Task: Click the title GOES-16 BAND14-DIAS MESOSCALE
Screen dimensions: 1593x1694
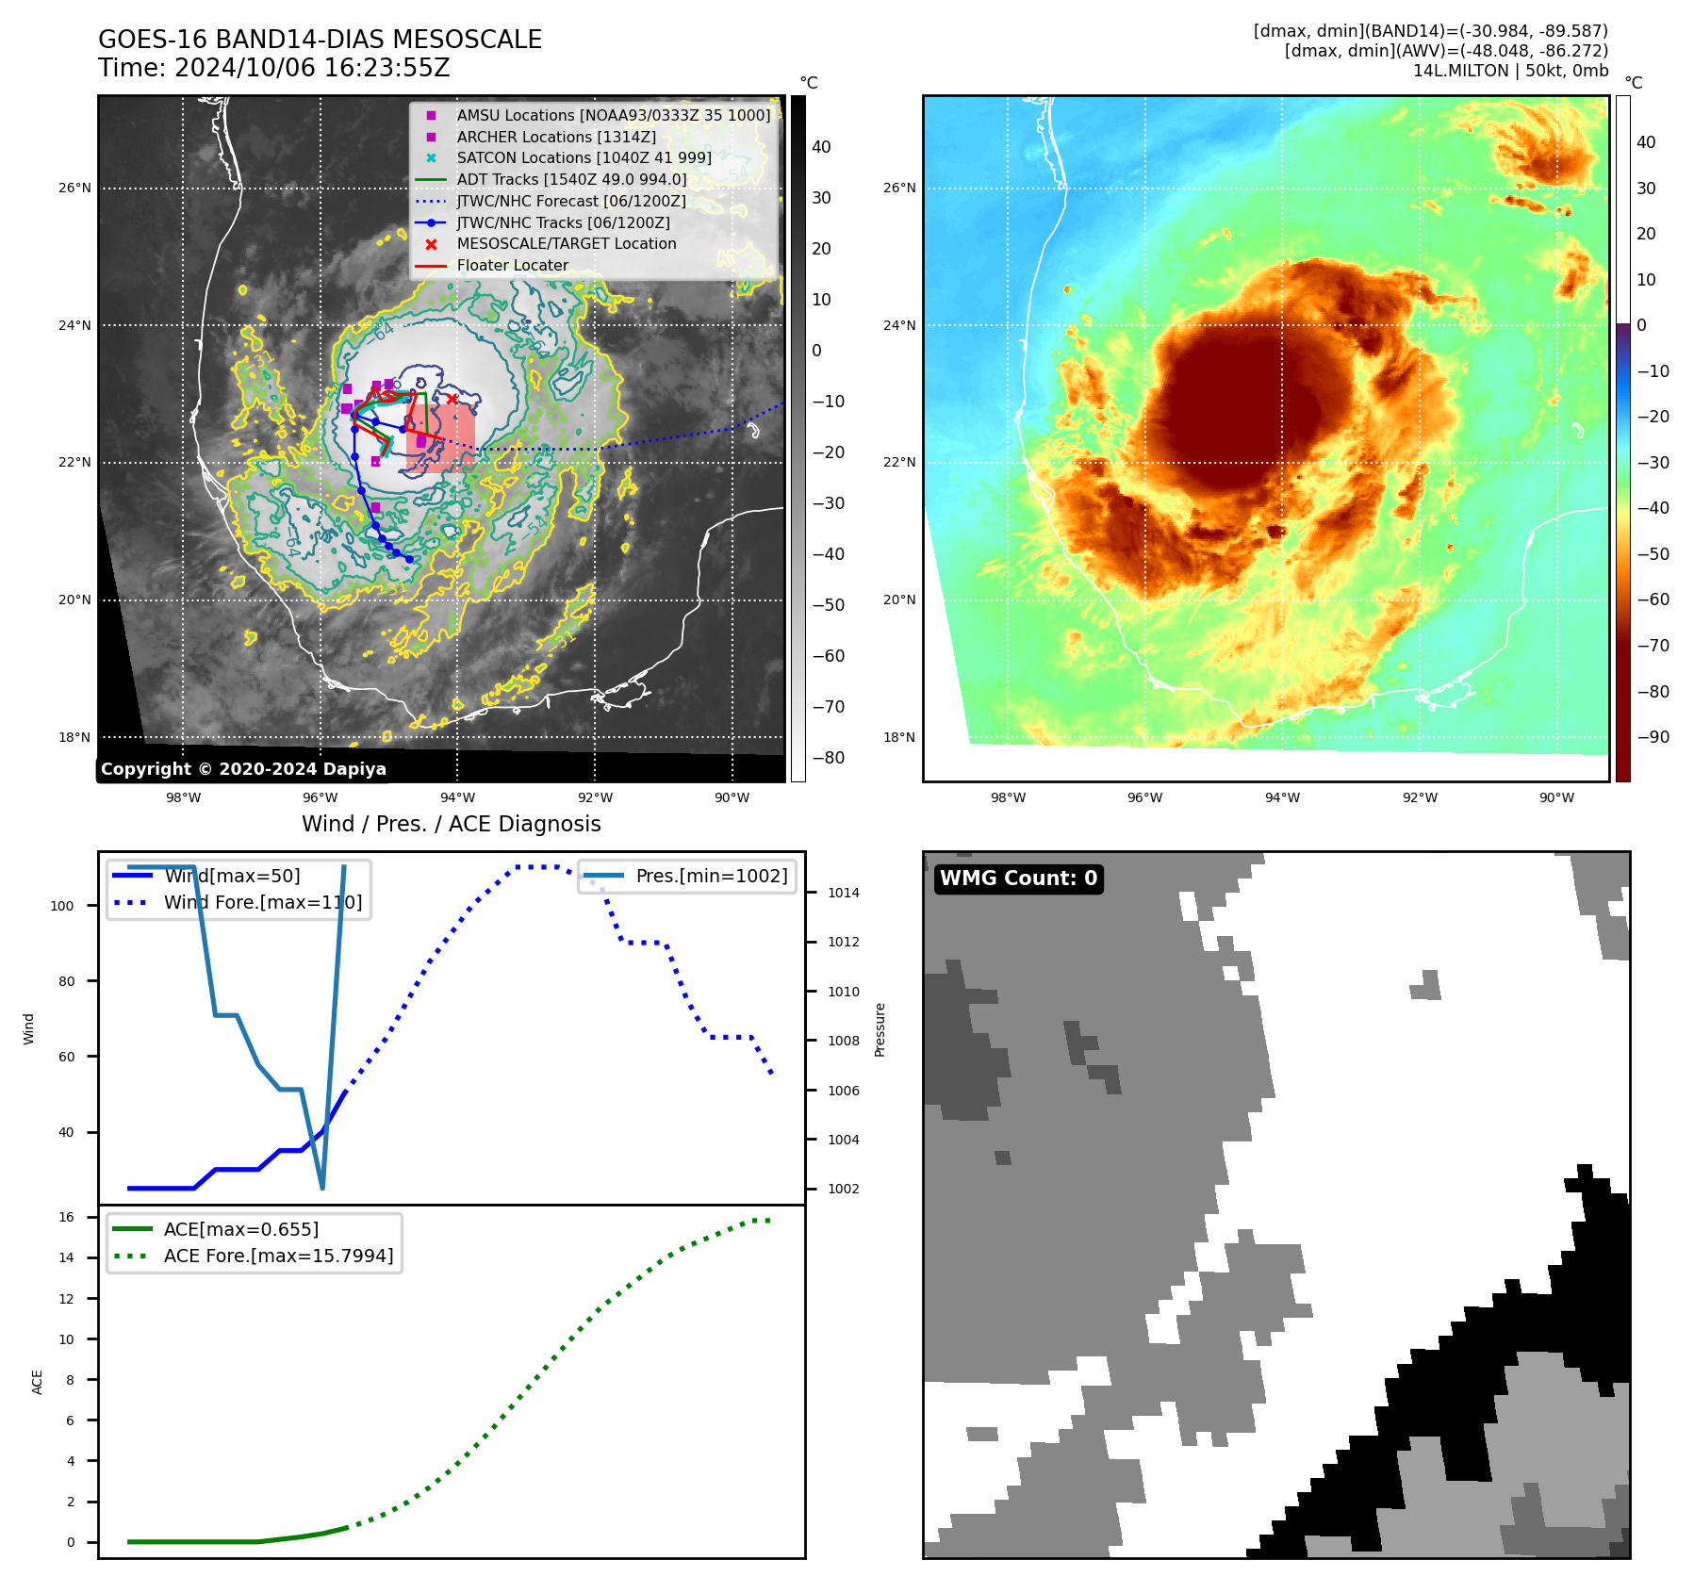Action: [320, 40]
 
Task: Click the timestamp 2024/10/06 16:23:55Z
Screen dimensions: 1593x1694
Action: [312, 68]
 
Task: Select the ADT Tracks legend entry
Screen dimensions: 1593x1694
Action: [571, 179]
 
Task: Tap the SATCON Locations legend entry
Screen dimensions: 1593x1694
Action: [584, 157]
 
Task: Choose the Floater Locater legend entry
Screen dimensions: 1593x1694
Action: [512, 265]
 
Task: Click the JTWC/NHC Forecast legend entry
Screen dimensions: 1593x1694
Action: [571, 201]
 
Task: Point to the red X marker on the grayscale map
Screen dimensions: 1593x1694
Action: [452, 400]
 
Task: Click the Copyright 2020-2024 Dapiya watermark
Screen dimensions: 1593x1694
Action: [243, 769]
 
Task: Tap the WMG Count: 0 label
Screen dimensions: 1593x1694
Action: [1018, 879]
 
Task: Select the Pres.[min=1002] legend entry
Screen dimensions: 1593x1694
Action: [711, 876]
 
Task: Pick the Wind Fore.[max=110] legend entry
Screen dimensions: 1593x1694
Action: [262, 902]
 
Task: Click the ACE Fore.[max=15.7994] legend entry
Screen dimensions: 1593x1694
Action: [278, 1256]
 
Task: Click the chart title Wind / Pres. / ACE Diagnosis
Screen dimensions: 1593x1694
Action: [451, 824]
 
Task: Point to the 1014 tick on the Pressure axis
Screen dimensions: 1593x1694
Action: [843, 893]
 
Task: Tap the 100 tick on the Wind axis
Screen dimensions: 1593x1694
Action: [62, 906]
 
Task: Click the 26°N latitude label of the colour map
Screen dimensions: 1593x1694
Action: [898, 188]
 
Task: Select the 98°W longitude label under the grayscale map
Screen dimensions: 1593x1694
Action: [183, 797]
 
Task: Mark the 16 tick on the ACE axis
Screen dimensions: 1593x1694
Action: [66, 1217]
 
